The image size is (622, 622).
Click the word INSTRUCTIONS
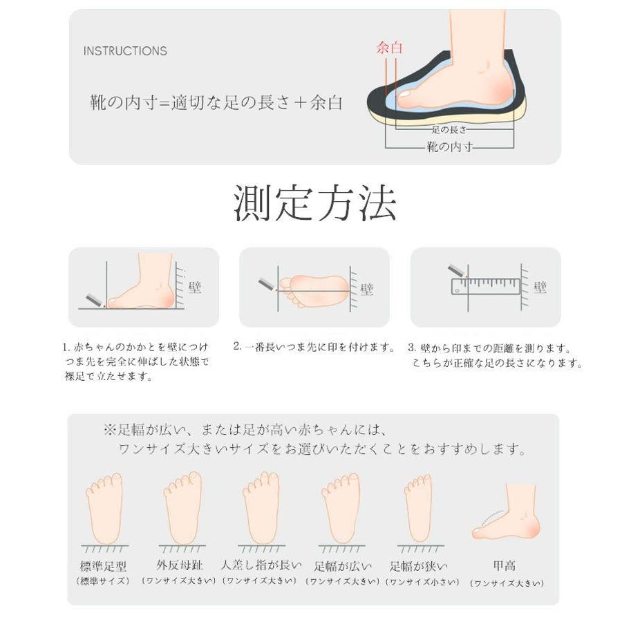pyautogui.click(x=125, y=50)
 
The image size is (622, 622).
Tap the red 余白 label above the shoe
pyautogui.click(x=389, y=48)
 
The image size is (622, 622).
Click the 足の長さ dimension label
pyautogui.click(x=449, y=129)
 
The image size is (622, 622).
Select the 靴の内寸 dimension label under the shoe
pyautogui.click(x=449, y=147)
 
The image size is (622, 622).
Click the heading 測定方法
pyautogui.click(x=315, y=202)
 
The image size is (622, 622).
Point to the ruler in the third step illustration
pyautogui.click(x=486, y=286)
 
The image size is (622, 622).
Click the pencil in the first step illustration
pyautogui.click(x=95, y=301)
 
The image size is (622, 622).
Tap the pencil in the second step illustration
pyautogui.click(x=267, y=285)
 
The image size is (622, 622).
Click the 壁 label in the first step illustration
pyautogui.click(x=195, y=287)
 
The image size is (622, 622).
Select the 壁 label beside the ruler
pyautogui.click(x=540, y=287)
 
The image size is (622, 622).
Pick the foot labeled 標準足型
pyautogui.click(x=104, y=508)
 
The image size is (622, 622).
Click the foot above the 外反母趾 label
pyautogui.click(x=182, y=508)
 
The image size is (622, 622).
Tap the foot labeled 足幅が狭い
pyautogui.click(x=419, y=508)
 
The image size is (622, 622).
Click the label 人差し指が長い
pyautogui.click(x=261, y=565)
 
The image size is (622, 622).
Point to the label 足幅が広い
pyautogui.click(x=343, y=566)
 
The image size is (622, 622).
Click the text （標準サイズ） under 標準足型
pyautogui.click(x=103, y=581)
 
